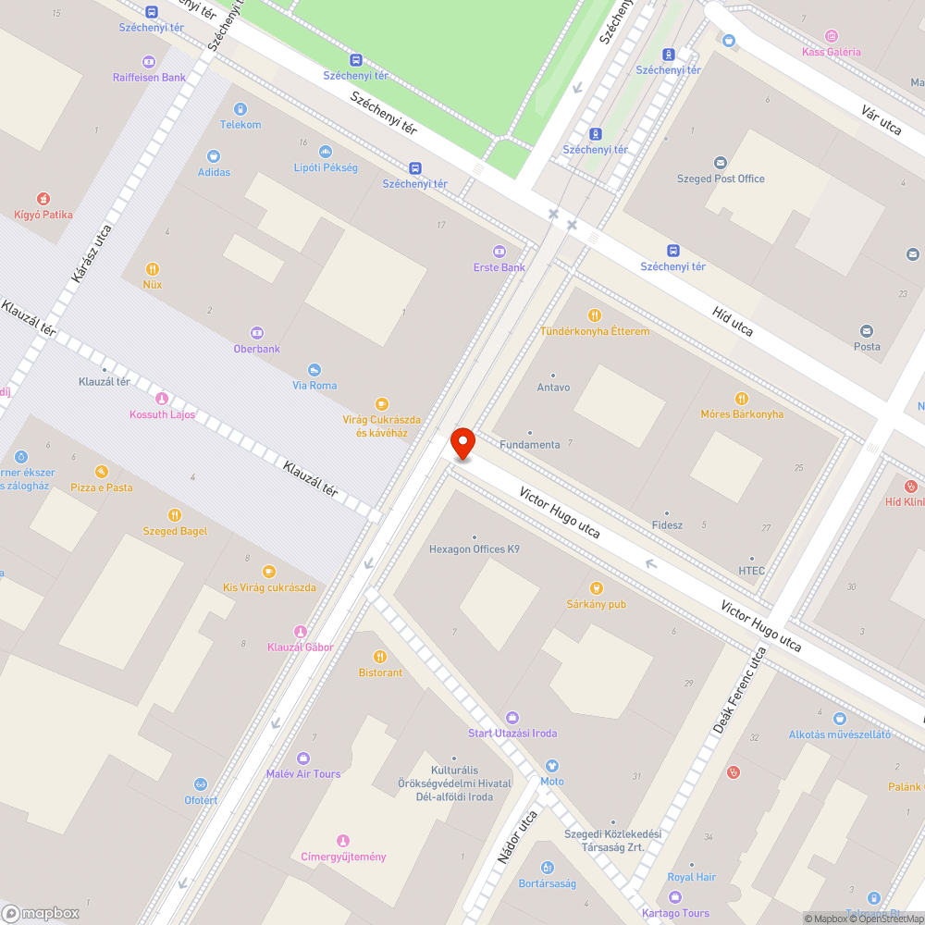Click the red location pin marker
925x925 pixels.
coord(462,445)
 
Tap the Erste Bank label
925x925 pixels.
coord(499,267)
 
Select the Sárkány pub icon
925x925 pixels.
coord(597,588)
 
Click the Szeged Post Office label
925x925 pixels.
coord(721,179)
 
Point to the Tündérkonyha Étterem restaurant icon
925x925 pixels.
coord(595,315)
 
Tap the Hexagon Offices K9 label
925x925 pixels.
coord(474,549)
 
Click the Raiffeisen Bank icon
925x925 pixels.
coord(149,62)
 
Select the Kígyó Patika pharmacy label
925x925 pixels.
coord(43,215)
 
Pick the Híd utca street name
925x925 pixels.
coord(733,316)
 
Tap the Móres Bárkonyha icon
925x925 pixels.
coord(741,399)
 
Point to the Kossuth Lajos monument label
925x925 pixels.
coord(162,414)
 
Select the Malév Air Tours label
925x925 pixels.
coord(302,773)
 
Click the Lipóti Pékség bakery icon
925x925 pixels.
coord(326,152)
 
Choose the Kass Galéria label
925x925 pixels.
coord(831,52)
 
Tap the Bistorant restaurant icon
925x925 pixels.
coord(380,657)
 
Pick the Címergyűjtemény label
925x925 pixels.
coord(343,857)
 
